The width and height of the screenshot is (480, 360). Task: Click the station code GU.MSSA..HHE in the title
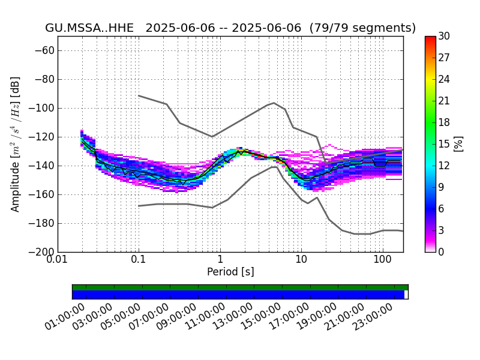[89, 28]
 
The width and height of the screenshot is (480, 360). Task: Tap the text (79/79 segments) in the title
[362, 28]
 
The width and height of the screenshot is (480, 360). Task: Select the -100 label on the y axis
[43, 109]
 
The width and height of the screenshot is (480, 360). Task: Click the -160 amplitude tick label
[43, 194]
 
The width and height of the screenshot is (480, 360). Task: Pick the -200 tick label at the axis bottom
[43, 252]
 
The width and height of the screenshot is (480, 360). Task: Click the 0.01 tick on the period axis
[58, 260]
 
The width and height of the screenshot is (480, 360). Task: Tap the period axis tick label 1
[220, 260]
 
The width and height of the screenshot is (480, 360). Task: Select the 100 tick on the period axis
[383, 260]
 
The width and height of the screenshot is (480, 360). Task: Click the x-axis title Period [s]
[230, 272]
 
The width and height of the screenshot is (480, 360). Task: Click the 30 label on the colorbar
[444, 36]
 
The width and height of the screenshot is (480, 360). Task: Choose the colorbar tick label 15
[444, 144]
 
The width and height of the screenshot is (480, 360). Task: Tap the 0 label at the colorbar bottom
[441, 252]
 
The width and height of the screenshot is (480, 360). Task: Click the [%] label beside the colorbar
[458, 144]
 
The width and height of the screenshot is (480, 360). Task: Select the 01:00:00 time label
[65, 317]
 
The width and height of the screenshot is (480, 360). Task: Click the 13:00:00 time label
[233, 317]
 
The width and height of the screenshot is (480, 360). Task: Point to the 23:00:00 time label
[373, 317]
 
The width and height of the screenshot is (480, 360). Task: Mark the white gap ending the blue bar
[406, 295]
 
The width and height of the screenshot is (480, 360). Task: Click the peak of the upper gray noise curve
[274, 103]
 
